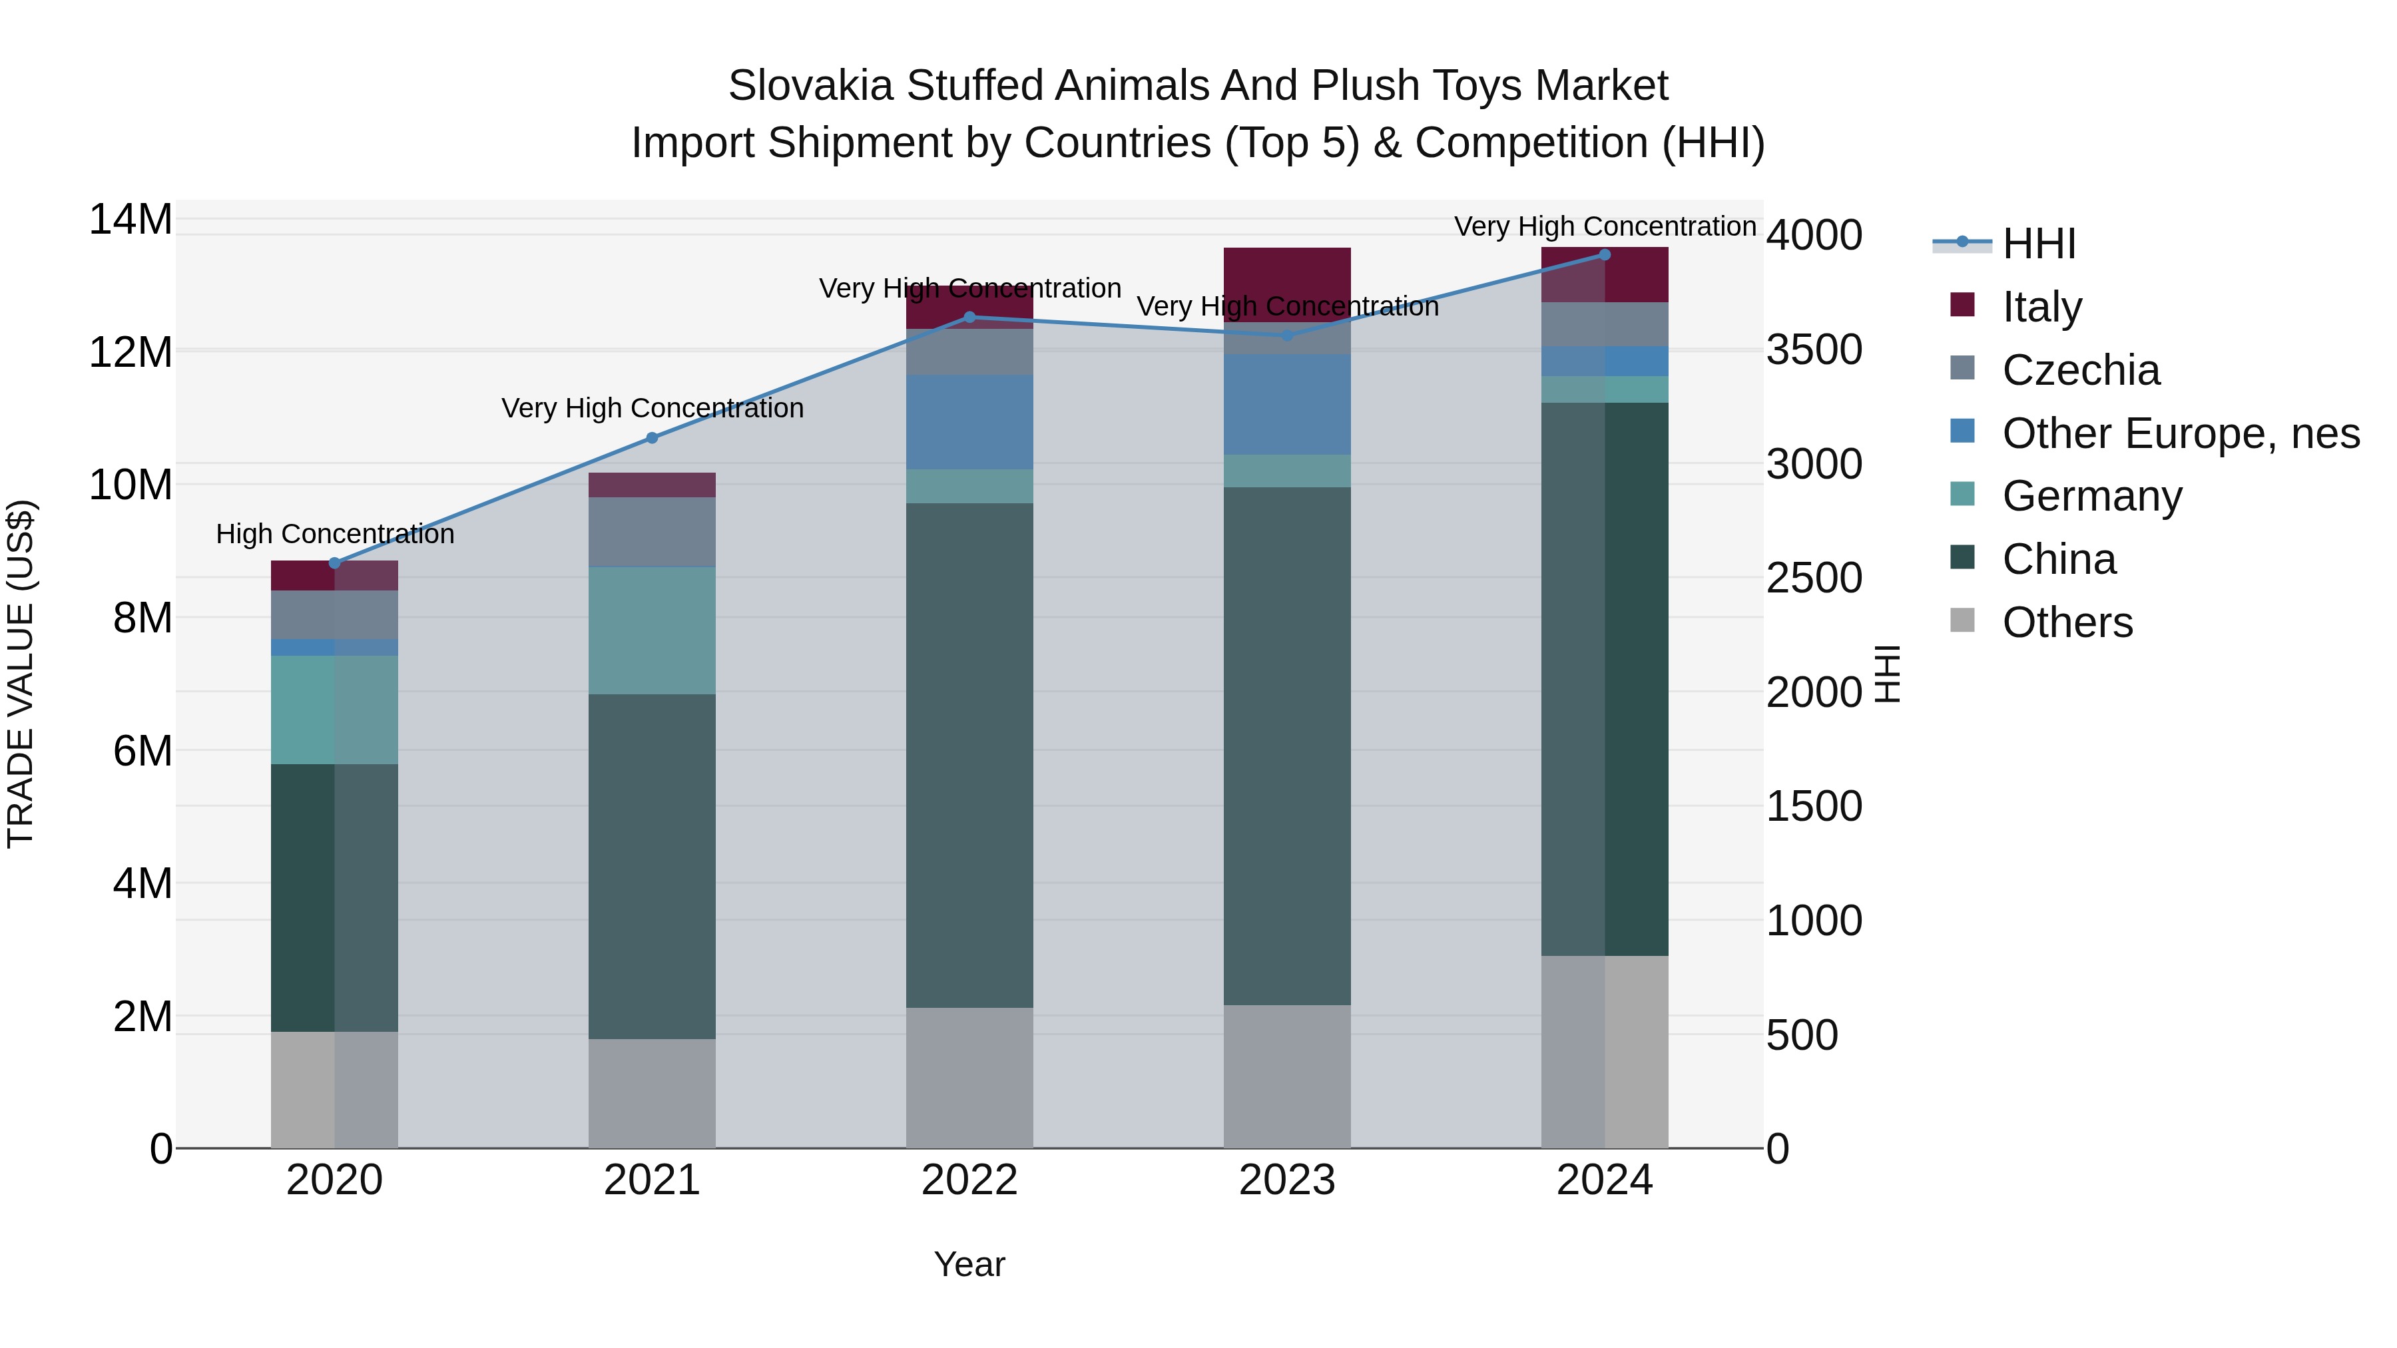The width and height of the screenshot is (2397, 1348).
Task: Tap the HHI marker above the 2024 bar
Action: coord(1604,255)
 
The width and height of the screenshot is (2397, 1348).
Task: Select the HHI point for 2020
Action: coord(335,562)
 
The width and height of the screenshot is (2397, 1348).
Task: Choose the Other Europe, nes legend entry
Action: coord(2180,433)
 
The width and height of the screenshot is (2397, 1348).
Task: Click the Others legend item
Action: coord(2067,622)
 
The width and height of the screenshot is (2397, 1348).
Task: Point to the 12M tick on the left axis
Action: coord(131,353)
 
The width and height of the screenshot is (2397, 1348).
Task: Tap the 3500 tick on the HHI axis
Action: coord(1814,351)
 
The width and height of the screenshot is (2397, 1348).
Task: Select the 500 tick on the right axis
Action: coord(1802,1034)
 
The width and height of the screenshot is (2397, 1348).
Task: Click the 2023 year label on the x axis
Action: coord(1287,1180)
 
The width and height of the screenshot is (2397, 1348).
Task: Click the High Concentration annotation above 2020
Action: coord(335,534)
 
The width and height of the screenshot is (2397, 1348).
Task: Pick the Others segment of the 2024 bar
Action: coord(1604,1051)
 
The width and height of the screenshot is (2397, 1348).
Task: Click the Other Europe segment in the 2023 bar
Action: coord(1287,404)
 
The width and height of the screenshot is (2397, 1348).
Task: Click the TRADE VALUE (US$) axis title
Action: coord(21,674)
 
